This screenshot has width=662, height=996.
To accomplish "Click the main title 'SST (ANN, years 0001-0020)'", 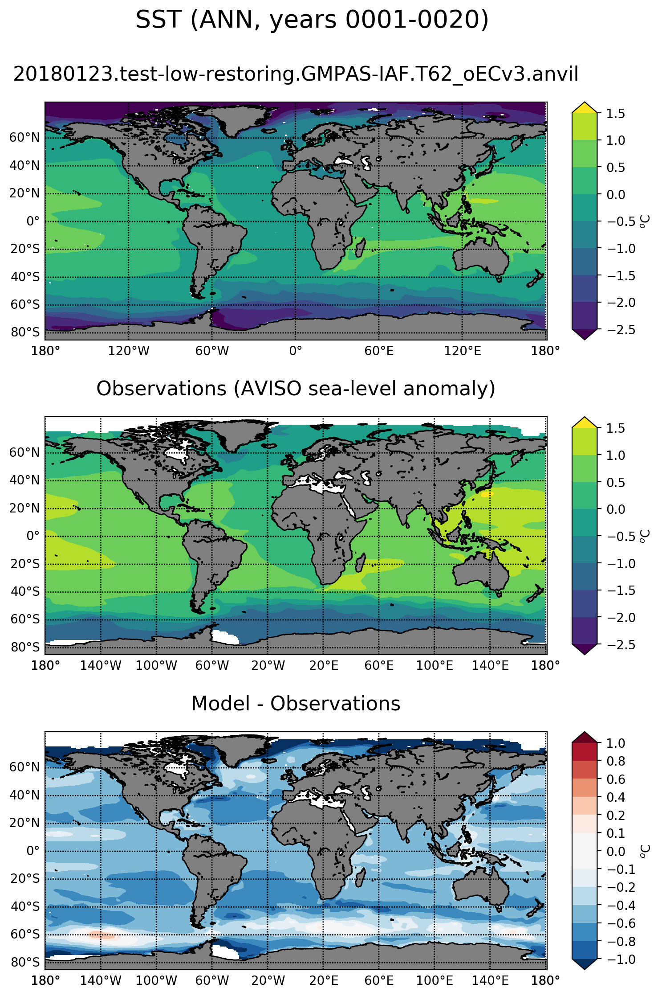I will tap(312, 20).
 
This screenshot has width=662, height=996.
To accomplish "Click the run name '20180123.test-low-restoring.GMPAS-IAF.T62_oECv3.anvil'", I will tap(296, 74).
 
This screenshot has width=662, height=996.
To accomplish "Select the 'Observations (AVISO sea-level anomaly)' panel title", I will tap(296, 389).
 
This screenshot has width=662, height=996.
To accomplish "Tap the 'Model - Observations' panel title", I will tap(296, 703).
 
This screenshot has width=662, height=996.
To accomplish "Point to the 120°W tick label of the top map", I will tap(129, 351).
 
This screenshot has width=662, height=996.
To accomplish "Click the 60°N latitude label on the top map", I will tap(25, 138).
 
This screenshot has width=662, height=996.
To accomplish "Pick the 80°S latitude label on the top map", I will tap(25, 332).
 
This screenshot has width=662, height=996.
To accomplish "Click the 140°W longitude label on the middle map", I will tap(101, 666).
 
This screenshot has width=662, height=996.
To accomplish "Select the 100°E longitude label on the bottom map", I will tap(435, 980).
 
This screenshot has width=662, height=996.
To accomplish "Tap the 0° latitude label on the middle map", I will tap(32, 536).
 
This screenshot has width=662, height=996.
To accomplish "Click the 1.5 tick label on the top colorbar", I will tap(616, 114).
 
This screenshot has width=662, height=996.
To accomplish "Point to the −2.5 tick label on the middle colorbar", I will tap(616, 645).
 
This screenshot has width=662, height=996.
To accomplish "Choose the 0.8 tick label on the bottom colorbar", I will tap(616, 761).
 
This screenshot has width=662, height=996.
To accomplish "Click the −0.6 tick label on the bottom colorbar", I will tap(616, 923).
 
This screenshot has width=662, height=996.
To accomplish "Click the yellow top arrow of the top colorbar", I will tap(584, 107).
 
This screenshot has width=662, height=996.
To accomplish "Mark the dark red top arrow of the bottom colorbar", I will tap(584, 737).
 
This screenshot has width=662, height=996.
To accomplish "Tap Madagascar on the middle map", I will tap(360, 563).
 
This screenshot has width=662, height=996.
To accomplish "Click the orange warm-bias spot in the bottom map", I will tap(102, 935).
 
